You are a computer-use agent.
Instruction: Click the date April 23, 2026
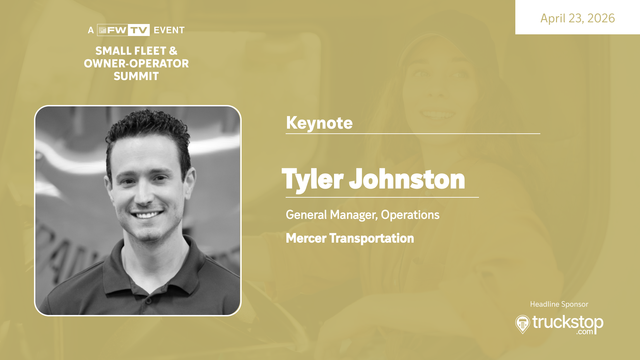577,18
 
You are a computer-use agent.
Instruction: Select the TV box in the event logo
139,30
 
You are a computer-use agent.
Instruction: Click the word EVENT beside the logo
169,30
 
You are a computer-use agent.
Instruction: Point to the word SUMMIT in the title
136,76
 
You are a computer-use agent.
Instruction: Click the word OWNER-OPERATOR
136,63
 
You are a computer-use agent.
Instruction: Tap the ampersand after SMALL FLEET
173,51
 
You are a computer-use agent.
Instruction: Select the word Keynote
319,123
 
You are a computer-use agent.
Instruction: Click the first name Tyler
313,180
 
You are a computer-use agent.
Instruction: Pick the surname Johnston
407,179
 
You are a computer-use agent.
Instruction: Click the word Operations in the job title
410,215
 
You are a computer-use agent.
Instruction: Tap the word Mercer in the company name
306,238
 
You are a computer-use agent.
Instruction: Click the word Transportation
372,238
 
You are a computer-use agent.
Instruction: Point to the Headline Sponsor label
559,304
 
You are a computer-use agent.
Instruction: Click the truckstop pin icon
522,324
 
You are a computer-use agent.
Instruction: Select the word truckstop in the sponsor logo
568,322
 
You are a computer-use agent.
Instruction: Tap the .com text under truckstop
585,332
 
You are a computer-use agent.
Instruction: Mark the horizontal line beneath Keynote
413,134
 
